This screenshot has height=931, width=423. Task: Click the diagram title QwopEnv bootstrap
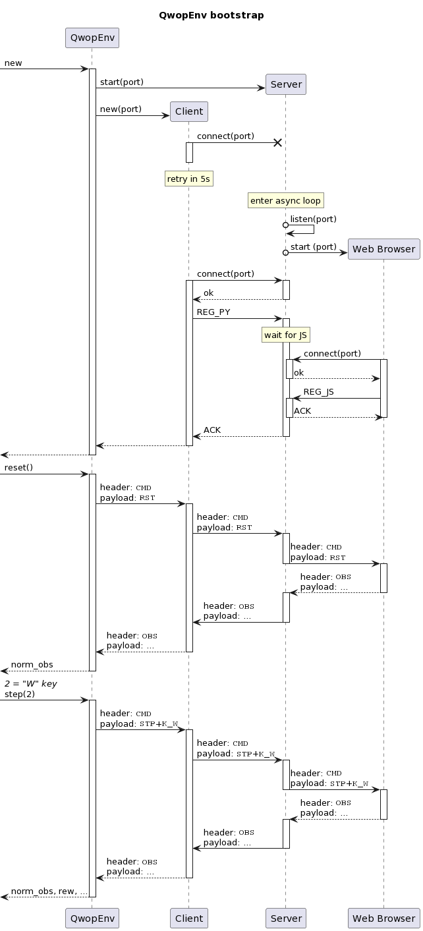(x=211, y=15)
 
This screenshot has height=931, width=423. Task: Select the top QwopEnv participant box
(x=92, y=38)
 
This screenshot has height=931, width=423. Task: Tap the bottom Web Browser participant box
(x=384, y=918)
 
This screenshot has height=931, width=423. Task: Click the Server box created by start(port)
(x=286, y=84)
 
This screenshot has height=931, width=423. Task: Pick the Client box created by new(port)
(x=189, y=111)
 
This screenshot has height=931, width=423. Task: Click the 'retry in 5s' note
(x=189, y=179)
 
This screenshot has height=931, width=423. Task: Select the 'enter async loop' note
(x=286, y=200)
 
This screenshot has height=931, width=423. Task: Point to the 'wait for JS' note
(x=285, y=335)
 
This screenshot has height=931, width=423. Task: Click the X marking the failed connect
(x=278, y=142)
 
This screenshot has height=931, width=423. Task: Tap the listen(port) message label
(x=313, y=219)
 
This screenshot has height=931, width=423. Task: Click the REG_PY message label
(x=213, y=312)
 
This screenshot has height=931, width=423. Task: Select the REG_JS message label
(x=318, y=392)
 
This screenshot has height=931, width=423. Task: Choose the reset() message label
(x=18, y=468)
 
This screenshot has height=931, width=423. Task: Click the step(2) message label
(x=18, y=694)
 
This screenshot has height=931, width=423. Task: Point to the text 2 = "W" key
(x=30, y=684)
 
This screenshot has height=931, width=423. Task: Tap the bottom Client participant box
(x=189, y=918)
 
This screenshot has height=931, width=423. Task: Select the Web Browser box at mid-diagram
(x=384, y=249)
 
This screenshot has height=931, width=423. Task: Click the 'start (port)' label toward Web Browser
(x=314, y=246)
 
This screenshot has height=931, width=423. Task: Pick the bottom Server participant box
(x=286, y=918)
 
